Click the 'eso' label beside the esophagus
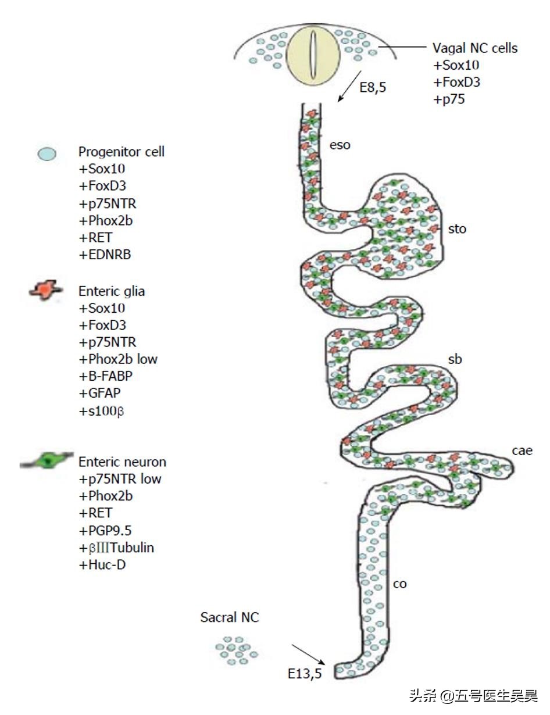(x=340, y=145)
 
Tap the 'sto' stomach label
(x=458, y=228)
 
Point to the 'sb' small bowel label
(x=455, y=360)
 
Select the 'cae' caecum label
(x=522, y=451)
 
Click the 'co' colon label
(x=399, y=584)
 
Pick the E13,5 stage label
(x=305, y=673)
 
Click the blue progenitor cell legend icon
(x=47, y=154)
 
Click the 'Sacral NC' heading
(x=230, y=617)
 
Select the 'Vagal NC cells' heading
(x=474, y=48)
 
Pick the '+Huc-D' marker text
(x=102, y=564)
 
